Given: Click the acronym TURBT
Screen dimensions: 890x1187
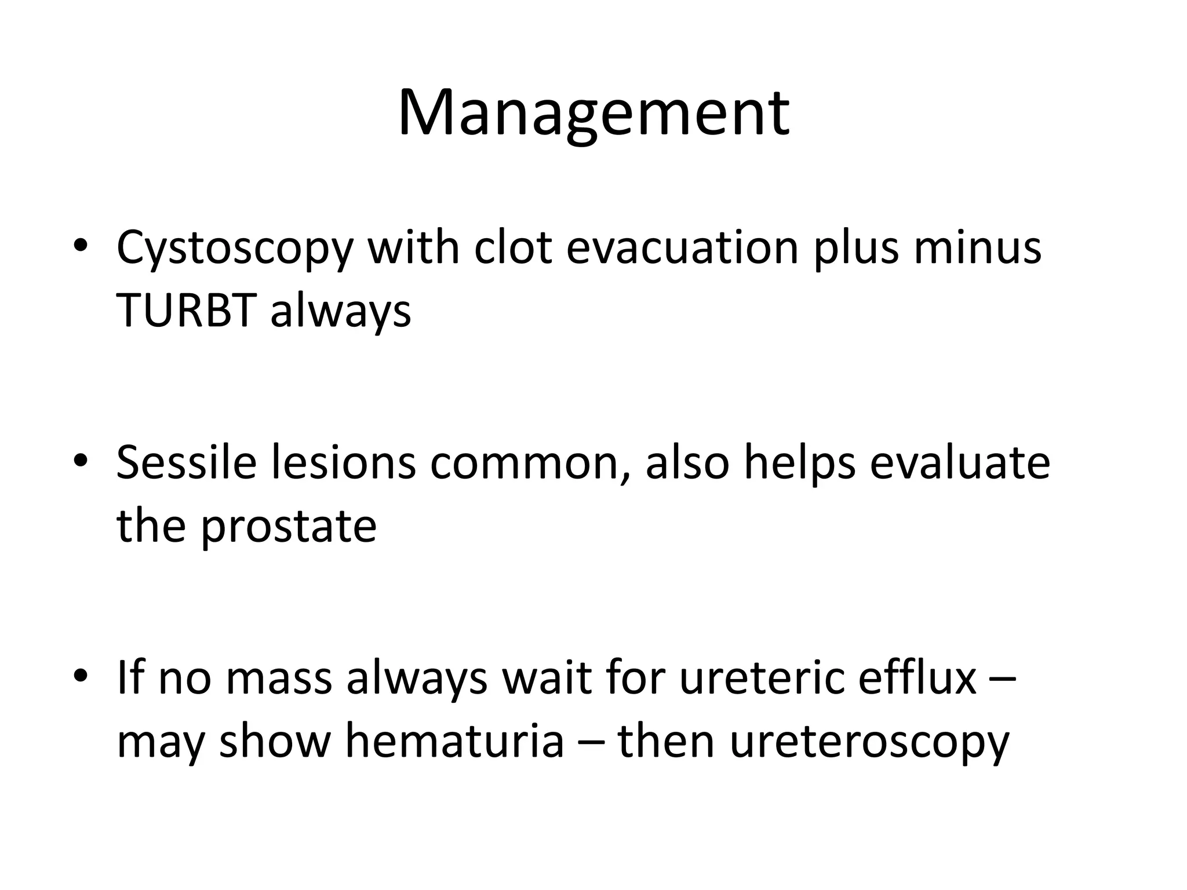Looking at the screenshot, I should coord(187,311).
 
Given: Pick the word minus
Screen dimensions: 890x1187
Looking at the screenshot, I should coord(977,247).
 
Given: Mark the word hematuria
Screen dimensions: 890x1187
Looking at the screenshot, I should coord(454,742).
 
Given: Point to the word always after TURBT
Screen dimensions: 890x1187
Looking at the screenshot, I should coord(340,312).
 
